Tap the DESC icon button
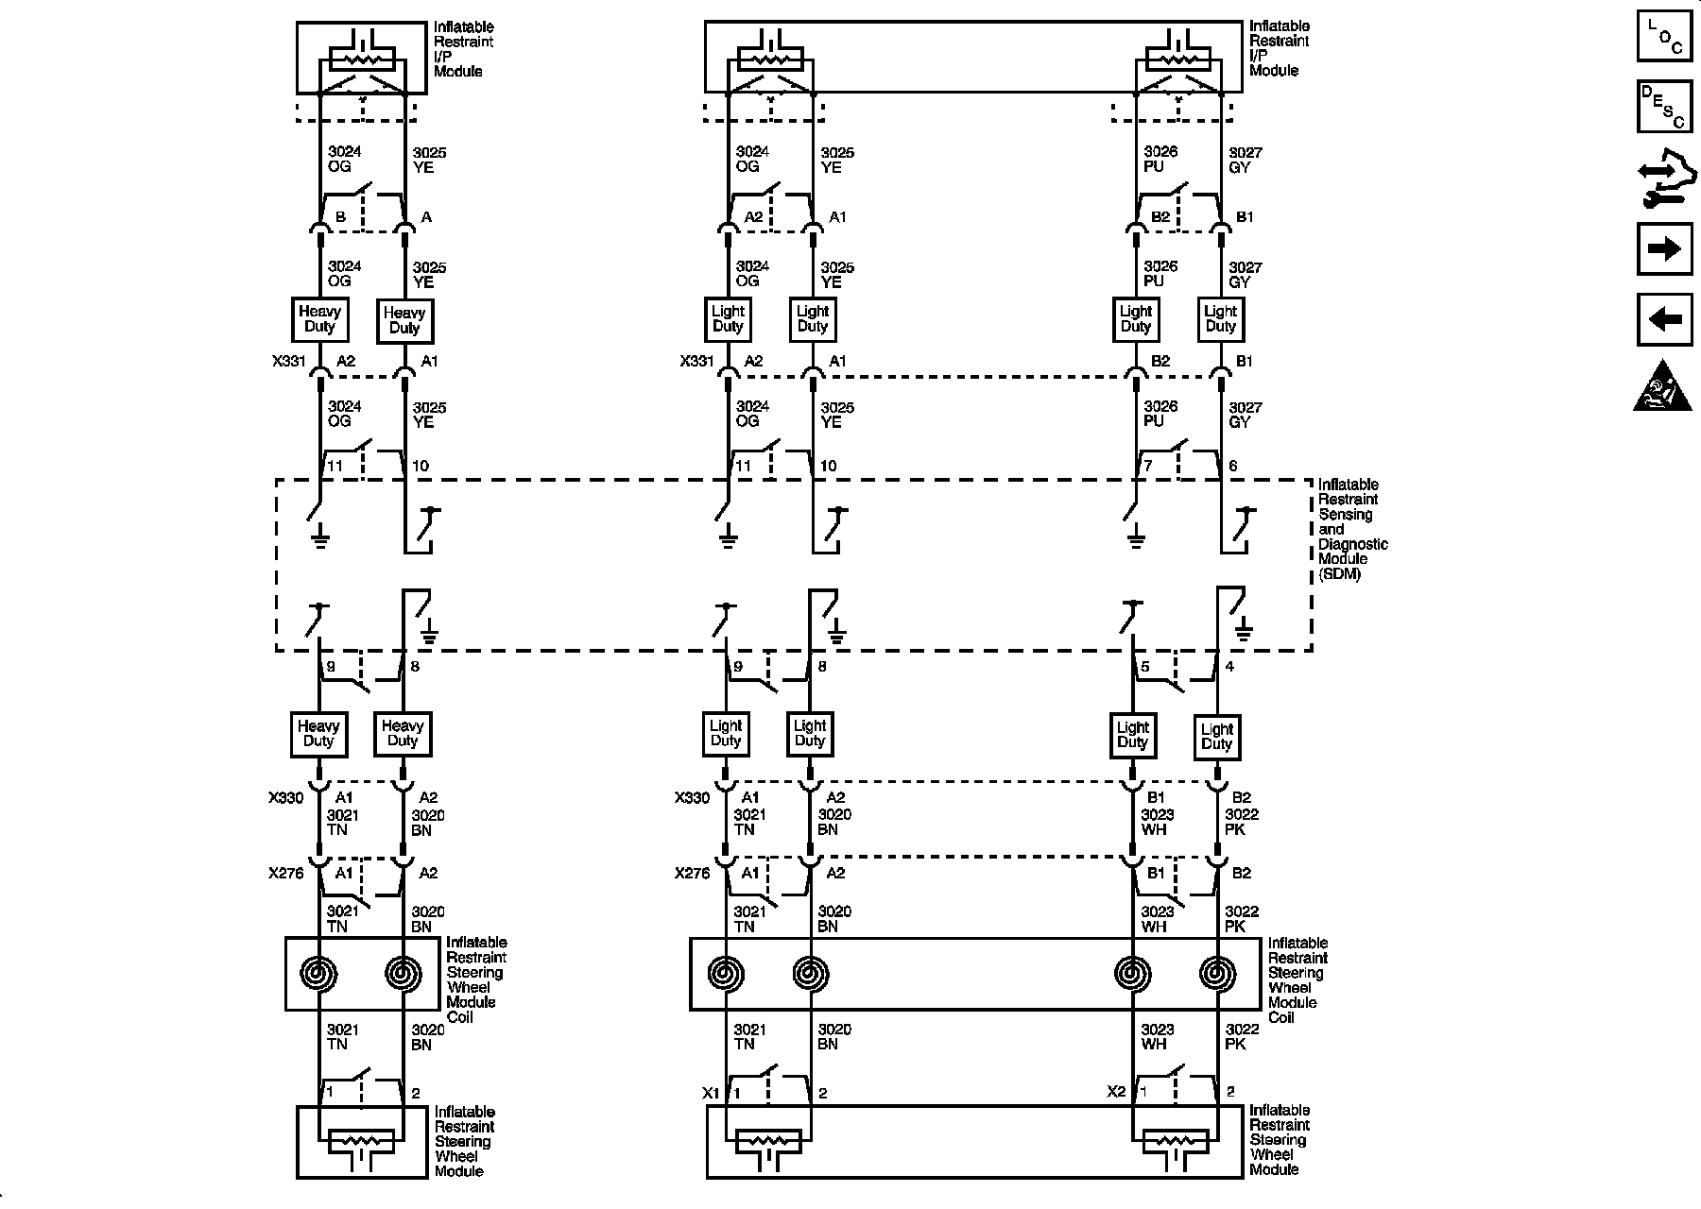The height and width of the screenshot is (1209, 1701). tap(1664, 106)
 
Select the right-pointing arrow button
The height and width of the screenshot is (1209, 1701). tap(1664, 248)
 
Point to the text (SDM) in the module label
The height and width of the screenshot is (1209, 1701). tap(1340, 573)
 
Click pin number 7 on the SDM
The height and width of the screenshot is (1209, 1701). tap(1148, 466)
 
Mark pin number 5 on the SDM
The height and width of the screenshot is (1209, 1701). tap(1145, 667)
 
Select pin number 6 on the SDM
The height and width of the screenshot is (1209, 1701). tap(1232, 466)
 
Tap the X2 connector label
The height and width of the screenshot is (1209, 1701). tap(1116, 1092)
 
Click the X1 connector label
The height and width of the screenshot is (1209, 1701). tap(711, 1093)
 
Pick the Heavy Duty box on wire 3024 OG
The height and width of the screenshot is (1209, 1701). tap(319, 319)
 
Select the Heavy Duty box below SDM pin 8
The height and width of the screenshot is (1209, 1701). tap(403, 734)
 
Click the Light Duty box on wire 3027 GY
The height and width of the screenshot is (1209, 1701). tap(1220, 319)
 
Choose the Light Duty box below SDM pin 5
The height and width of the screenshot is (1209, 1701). tap(1133, 734)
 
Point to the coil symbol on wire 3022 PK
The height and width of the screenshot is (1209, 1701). tap(1216, 973)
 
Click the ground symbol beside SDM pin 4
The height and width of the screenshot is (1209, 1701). tap(1243, 631)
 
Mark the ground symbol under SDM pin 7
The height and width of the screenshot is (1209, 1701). tap(1136, 540)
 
